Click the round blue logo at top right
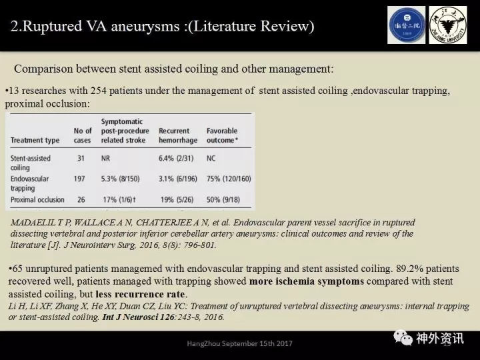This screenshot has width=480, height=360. click(x=406, y=25)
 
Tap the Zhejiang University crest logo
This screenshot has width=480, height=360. click(x=447, y=25)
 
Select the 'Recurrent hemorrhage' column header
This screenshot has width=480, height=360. click(x=174, y=135)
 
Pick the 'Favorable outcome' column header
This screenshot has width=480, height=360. click(x=222, y=135)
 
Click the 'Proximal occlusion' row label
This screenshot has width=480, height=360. click(x=37, y=199)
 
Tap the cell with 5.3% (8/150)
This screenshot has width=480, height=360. click(x=125, y=179)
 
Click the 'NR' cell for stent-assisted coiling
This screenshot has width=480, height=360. click(x=107, y=158)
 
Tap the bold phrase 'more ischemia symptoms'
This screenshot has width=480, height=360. click(x=306, y=281)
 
